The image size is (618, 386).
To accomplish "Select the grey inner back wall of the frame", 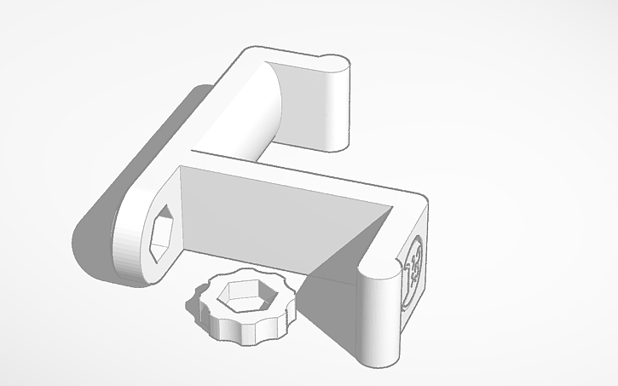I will (256, 213).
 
